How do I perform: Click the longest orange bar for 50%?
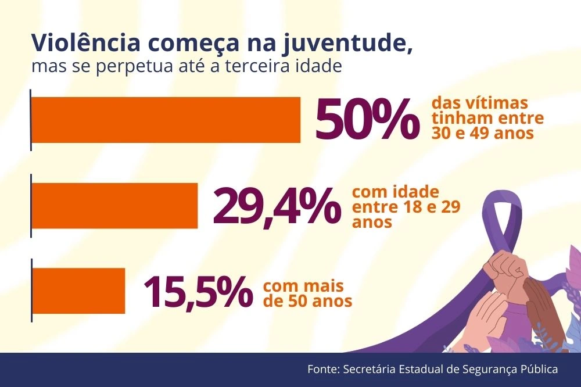click(x=166, y=120)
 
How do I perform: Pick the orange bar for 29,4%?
click(x=114, y=206)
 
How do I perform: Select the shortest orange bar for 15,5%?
click(x=78, y=291)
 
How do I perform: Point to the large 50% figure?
click(x=366, y=120)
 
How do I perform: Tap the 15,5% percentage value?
click(x=198, y=291)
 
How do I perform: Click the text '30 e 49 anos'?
click(x=482, y=133)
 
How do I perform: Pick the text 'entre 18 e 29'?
click(x=406, y=207)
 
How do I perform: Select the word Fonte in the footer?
click(x=323, y=370)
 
